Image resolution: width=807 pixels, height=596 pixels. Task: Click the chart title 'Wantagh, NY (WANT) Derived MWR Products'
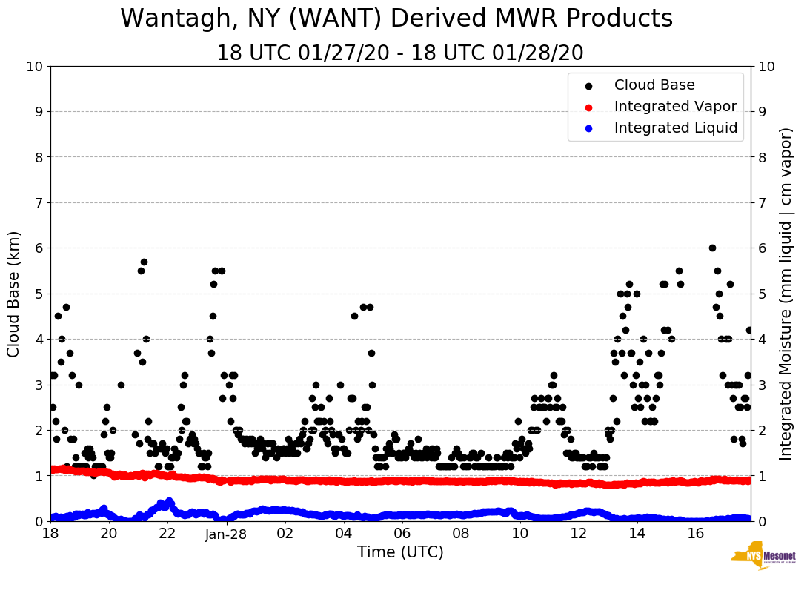[x=396, y=19]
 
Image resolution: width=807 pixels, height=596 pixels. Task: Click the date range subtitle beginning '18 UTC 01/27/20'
[x=399, y=53]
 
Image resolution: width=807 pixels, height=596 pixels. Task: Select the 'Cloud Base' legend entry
[x=654, y=85]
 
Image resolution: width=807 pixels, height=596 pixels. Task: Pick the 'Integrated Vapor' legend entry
[x=675, y=107]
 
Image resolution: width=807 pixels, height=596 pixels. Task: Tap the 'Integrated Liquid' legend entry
[x=675, y=128]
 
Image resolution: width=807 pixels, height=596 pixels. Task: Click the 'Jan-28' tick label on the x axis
[x=226, y=534]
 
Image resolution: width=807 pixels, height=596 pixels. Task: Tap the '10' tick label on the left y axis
[x=34, y=67]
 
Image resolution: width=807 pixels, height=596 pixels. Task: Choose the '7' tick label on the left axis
[x=39, y=203]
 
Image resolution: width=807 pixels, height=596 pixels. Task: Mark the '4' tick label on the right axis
[x=760, y=340]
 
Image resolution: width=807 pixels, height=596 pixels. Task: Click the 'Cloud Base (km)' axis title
[x=14, y=294]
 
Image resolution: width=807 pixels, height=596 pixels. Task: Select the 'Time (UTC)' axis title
[x=400, y=553]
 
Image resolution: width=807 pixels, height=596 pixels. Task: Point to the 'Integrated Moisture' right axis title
[x=786, y=294]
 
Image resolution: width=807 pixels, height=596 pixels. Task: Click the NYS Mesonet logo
[x=763, y=556]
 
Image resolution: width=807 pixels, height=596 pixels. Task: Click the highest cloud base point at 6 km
[x=712, y=248]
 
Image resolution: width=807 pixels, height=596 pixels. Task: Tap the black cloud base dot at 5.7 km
[x=144, y=262]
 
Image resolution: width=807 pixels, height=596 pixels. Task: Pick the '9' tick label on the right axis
[x=760, y=112]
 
